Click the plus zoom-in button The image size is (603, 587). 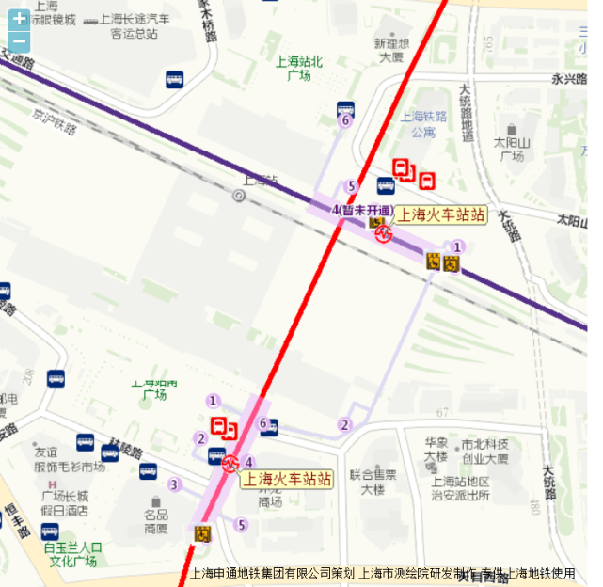point(19,18)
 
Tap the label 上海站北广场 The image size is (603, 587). point(298,68)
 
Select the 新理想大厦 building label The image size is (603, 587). point(390,50)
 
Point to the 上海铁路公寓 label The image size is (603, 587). point(423,124)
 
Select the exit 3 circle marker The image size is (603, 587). point(173,485)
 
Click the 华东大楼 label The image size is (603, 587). point(435,450)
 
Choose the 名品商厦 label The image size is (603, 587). point(155,521)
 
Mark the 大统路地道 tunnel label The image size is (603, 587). point(466,113)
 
